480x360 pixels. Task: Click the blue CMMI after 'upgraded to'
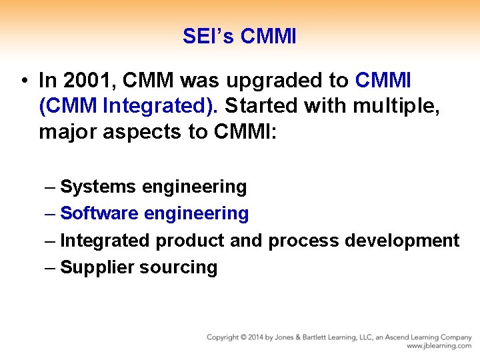(383, 81)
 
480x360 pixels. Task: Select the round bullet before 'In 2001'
(23, 81)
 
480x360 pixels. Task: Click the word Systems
(98, 187)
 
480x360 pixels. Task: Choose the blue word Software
(99, 214)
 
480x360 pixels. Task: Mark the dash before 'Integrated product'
(51, 241)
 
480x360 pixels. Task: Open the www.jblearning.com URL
(439, 346)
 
